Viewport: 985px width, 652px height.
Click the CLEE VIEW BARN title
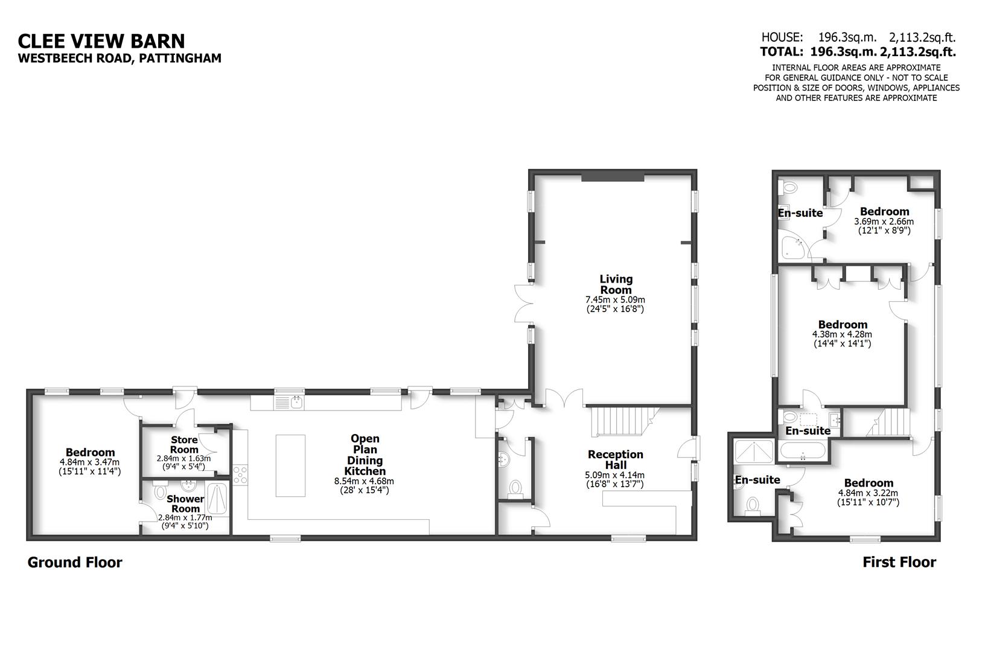pos(101,40)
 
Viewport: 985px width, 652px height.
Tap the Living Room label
pos(616,284)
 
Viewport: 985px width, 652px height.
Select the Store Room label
pos(184,444)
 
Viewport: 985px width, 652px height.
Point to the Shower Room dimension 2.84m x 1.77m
pos(185,517)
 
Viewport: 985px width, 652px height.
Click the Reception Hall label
pos(615,459)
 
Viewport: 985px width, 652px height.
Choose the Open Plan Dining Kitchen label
pos(365,455)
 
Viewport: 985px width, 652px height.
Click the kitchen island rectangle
pos(290,465)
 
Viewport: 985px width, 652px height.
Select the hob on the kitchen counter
pos(240,475)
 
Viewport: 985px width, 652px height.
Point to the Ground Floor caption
pos(75,563)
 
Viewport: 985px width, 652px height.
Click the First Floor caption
pos(899,563)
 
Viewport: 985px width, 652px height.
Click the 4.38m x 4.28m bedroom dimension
pos(841,334)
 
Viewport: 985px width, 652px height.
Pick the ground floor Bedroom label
pos(90,452)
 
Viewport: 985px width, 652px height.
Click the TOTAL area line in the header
pos(858,52)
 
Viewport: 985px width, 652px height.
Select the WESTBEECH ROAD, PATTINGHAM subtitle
pos(120,59)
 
